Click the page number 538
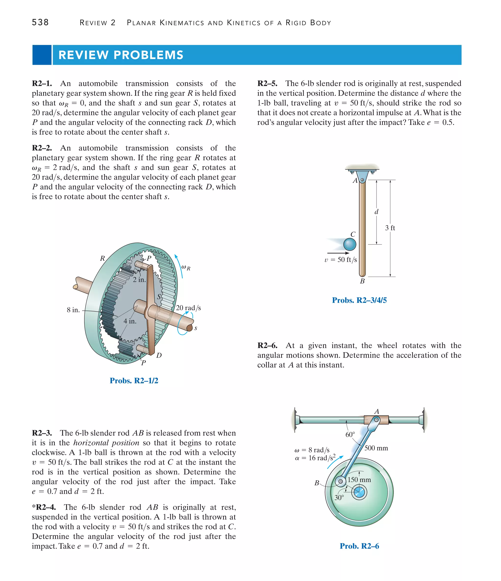tap(40, 22)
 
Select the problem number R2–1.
tap(42, 84)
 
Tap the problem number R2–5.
tap(267, 84)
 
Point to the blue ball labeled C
tap(350, 244)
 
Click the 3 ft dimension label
tap(390, 228)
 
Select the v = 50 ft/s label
tap(341, 260)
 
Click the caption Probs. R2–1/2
tap(134, 381)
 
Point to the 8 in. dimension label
tap(73, 310)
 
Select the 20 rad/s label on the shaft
tap(188, 308)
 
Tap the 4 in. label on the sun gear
tap(130, 321)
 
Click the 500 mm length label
tap(376, 448)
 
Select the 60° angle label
tap(350, 435)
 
